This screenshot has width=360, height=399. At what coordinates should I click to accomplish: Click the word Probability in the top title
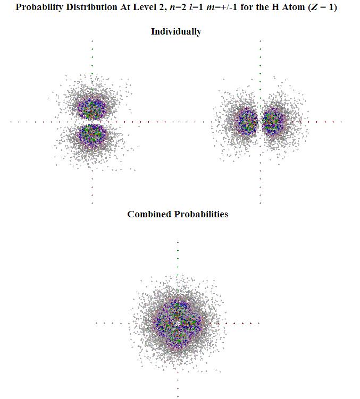tap(39, 8)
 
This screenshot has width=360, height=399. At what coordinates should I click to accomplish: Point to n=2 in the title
tap(173, 8)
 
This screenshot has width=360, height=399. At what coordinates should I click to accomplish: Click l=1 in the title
tap(194, 8)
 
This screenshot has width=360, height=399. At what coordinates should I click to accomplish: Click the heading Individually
tap(176, 31)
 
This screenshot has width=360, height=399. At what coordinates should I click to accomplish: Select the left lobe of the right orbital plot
tap(246, 122)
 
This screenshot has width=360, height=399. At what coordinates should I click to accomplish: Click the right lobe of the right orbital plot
tap(274, 122)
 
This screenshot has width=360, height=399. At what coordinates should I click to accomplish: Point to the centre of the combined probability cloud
tap(178, 322)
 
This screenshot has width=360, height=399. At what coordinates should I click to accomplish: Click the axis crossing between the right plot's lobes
tap(260, 122)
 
